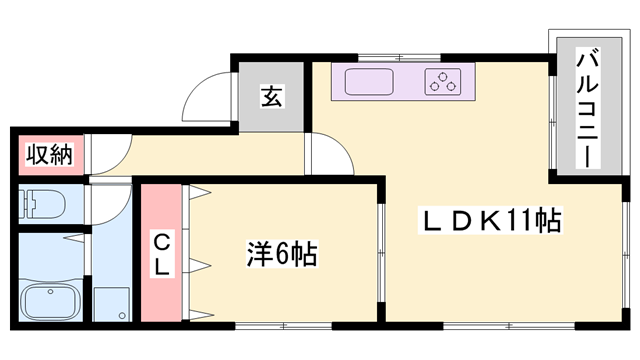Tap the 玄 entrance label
click(271, 97)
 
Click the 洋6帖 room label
click(282, 255)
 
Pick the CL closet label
click(161, 252)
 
